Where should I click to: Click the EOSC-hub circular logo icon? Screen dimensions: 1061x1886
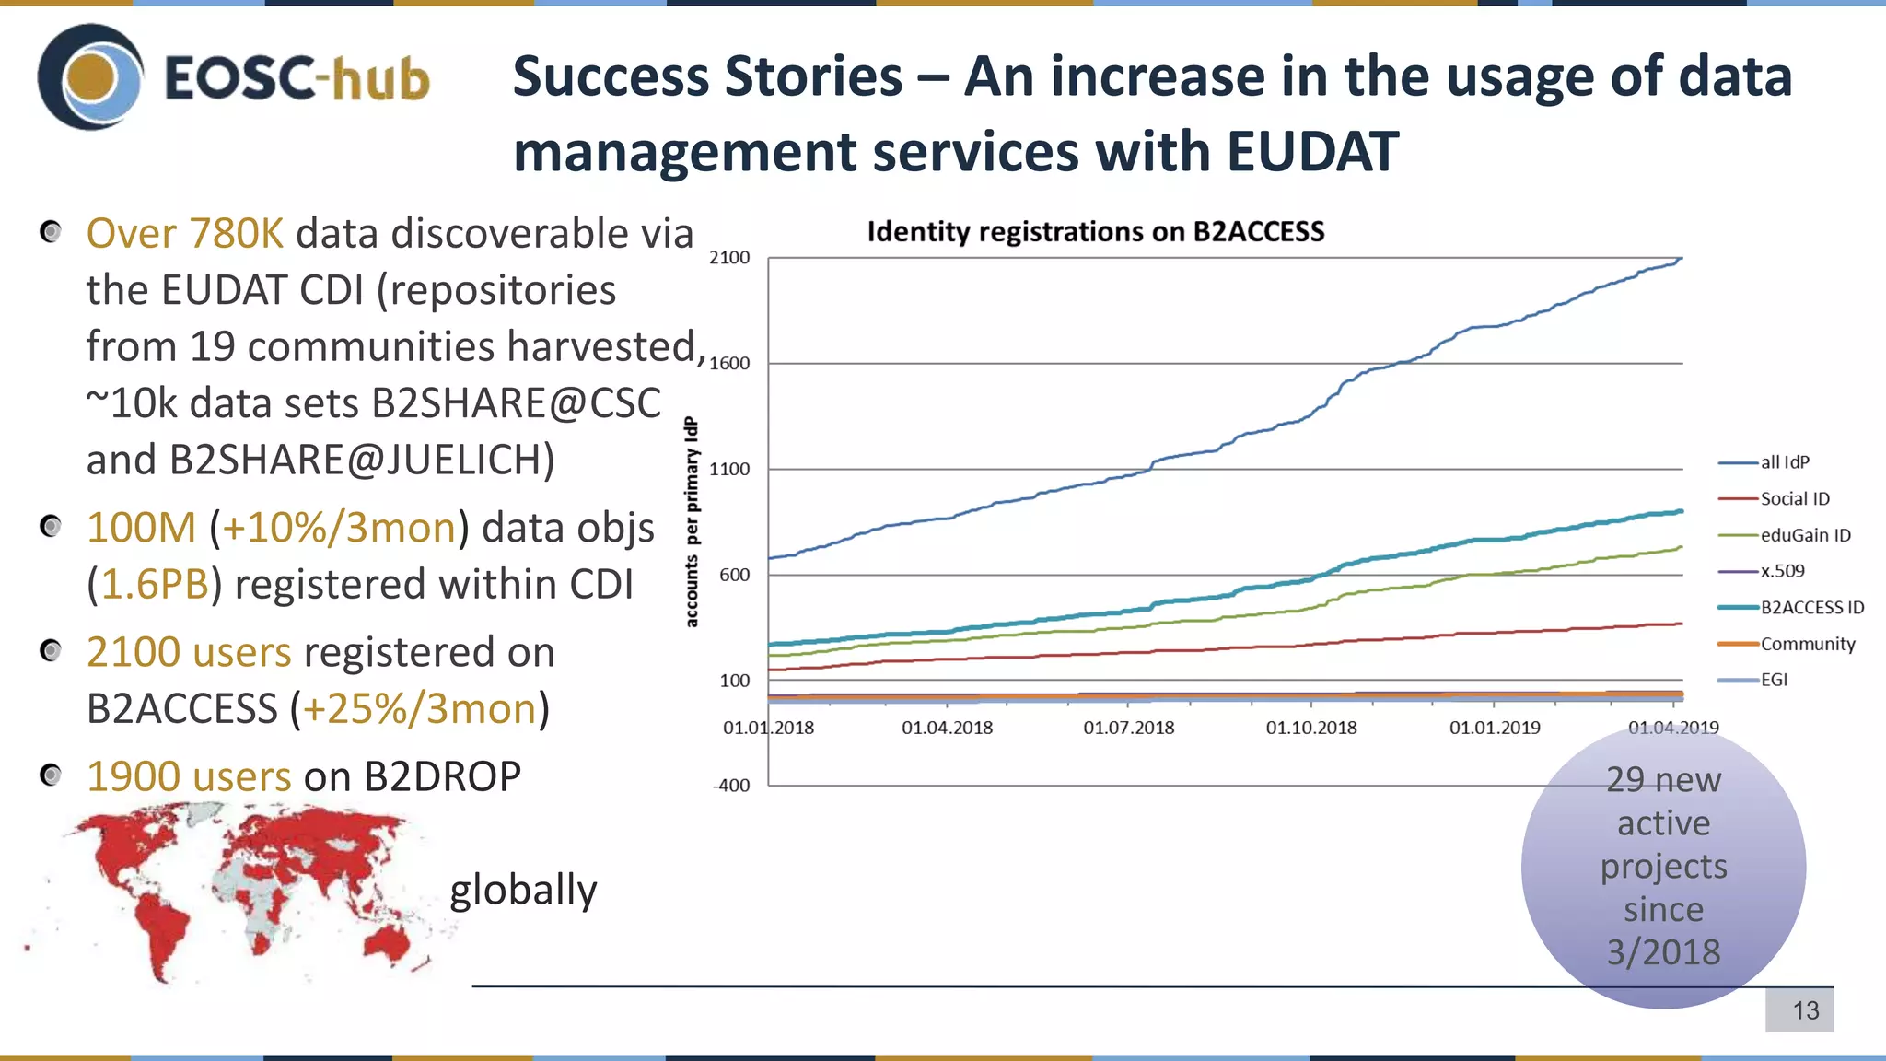coord(90,77)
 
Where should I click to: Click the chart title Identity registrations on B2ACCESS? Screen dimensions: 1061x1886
coord(1095,231)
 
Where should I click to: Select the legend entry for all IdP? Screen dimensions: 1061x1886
coord(1784,462)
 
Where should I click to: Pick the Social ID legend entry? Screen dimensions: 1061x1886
coord(1794,498)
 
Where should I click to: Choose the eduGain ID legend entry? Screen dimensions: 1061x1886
coord(1804,535)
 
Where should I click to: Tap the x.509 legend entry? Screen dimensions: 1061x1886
coord(1782,571)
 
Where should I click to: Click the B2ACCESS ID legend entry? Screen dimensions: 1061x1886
coord(1811,607)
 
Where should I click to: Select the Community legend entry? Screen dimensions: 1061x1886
coord(1807,644)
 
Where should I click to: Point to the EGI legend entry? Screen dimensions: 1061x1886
coord(1774,680)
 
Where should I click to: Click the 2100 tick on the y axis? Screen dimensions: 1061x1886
coord(729,258)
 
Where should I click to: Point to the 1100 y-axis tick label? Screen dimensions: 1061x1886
coord(729,469)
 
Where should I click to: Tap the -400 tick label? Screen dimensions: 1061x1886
coord(731,786)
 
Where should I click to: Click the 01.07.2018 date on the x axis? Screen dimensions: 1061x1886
coord(1128,728)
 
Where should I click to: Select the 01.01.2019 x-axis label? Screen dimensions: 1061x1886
coord(1495,728)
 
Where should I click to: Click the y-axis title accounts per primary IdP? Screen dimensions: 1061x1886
coord(692,522)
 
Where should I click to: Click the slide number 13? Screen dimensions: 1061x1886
coord(1805,1010)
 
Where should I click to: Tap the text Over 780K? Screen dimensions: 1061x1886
coord(185,234)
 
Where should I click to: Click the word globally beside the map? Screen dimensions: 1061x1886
coord(523,890)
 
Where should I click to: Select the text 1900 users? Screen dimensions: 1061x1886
coord(189,776)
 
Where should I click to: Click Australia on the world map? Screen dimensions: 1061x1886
coord(387,939)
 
